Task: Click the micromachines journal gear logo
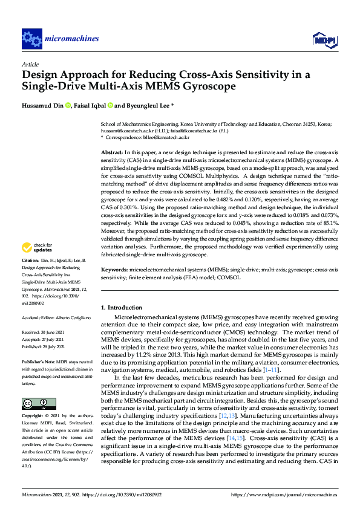[31, 39]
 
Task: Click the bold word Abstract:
[111, 153]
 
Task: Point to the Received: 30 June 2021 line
[44, 332]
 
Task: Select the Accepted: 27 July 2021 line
[43, 339]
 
